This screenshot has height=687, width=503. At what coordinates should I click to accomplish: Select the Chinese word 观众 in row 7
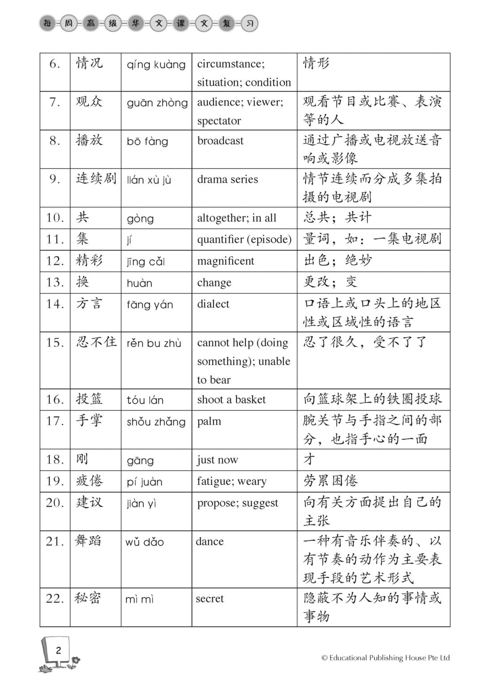[89, 102]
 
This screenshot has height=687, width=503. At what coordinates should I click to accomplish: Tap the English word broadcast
[220, 140]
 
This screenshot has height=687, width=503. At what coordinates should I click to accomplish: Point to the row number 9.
[54, 179]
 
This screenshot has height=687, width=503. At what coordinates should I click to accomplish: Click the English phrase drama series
[227, 179]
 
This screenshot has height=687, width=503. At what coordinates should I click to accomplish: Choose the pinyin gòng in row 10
[140, 219]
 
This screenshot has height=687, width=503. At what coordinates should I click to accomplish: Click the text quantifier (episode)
[244, 239]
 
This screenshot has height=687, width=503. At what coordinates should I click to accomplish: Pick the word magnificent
[225, 261]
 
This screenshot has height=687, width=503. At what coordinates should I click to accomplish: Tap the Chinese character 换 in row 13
[82, 282]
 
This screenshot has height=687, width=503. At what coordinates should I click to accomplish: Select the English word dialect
[213, 304]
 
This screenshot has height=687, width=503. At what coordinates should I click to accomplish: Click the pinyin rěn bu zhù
[154, 343]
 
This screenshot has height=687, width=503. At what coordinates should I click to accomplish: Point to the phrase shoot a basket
[231, 399]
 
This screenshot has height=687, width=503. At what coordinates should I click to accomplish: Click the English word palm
[209, 421]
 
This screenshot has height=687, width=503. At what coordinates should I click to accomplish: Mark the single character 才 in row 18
[309, 459]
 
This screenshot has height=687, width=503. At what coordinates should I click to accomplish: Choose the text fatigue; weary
[232, 481]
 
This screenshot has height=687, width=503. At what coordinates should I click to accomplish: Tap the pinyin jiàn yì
[141, 504]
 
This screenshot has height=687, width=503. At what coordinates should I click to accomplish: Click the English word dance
[209, 542]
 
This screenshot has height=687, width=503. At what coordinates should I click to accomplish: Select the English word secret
[209, 599]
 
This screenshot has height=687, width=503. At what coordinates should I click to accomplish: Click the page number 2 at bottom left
[58, 651]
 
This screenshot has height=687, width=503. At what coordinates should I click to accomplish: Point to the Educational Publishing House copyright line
[385, 658]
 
